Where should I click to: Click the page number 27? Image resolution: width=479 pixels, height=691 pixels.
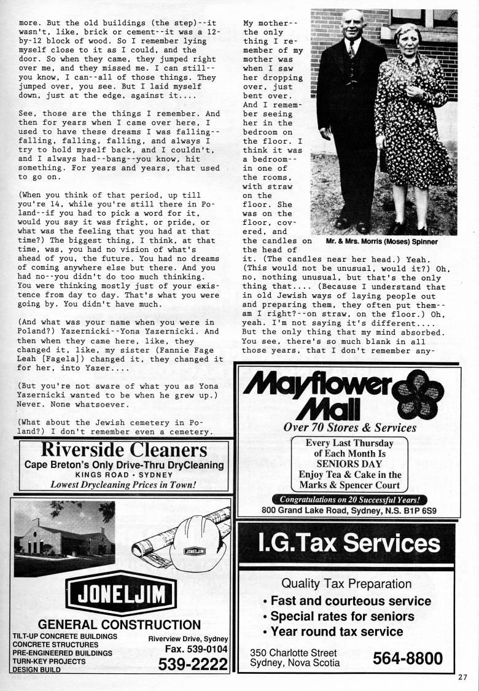[462, 677]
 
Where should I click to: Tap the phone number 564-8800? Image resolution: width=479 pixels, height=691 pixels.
[407, 658]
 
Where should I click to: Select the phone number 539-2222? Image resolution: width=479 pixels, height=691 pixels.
[192, 664]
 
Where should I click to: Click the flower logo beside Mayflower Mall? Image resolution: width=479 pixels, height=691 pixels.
[417, 393]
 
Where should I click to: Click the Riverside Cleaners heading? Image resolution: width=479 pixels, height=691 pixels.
[120, 450]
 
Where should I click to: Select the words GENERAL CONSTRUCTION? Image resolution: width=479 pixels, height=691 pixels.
[119, 625]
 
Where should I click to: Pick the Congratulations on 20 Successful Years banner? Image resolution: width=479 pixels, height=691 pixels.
[349, 499]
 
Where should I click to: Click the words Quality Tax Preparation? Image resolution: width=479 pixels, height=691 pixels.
[346, 583]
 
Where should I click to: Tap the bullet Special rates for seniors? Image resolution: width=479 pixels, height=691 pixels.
[342, 616]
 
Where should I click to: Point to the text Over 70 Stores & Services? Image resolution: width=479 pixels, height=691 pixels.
[349, 427]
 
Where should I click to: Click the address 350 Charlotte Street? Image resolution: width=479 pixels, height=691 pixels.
[293, 652]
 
